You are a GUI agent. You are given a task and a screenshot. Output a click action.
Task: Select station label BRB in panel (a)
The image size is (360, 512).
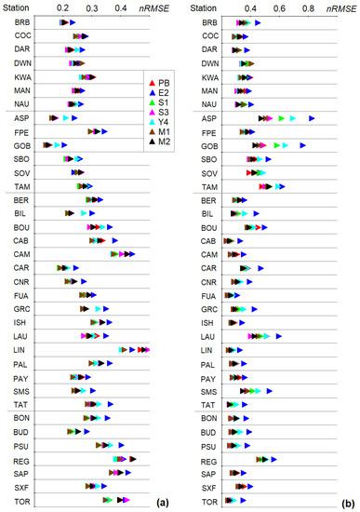(22, 21)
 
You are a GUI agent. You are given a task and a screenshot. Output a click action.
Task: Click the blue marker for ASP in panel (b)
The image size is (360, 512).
(313, 118)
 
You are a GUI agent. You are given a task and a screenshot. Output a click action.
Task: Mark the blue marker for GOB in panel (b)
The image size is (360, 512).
(302, 145)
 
